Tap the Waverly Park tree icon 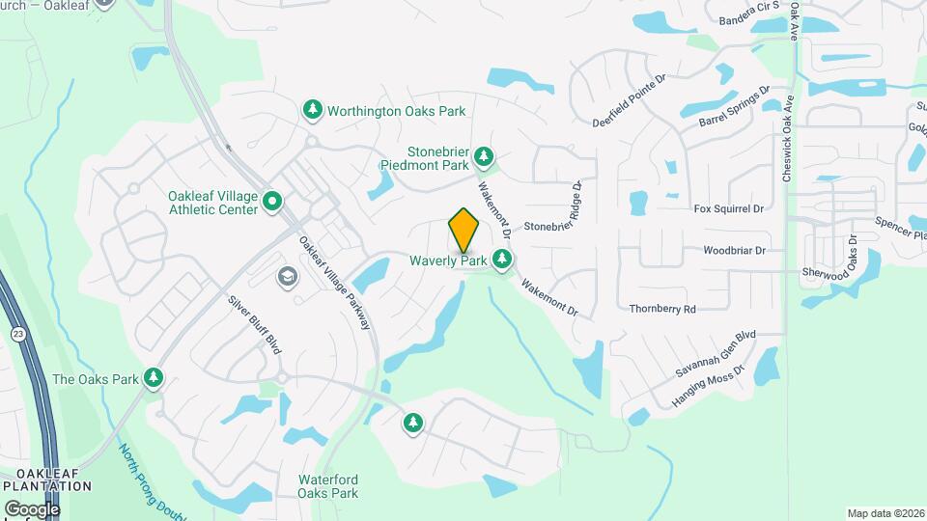pyautogui.click(x=501, y=259)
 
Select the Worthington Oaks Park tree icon pyautogui.click(x=312, y=110)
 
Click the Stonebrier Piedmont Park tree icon pyautogui.click(x=484, y=155)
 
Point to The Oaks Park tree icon pyautogui.click(x=153, y=378)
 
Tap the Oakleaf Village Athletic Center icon pyautogui.click(x=272, y=202)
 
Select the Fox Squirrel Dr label pyautogui.click(x=729, y=208)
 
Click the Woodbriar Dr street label pyautogui.click(x=734, y=250)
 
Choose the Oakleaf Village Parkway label pyautogui.click(x=335, y=284)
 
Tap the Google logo pyautogui.click(x=31, y=508)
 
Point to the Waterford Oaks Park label pyautogui.click(x=328, y=486)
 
